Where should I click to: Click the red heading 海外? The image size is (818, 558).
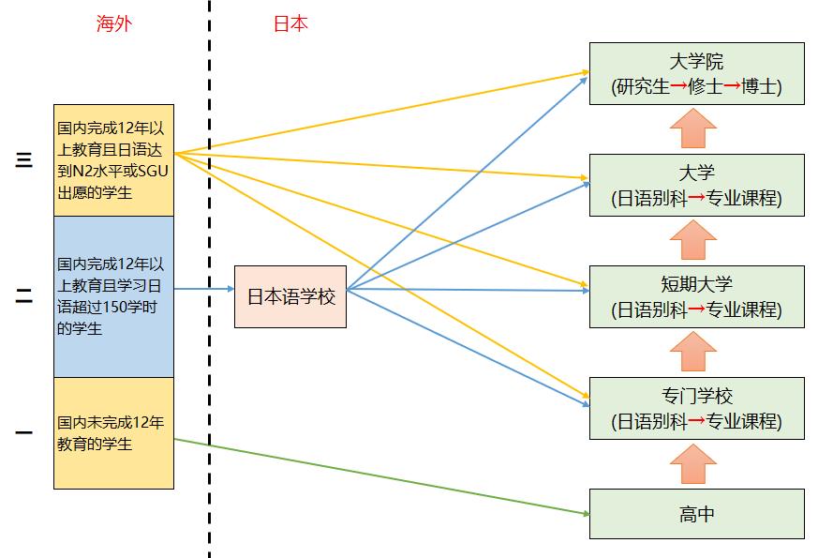point(114,24)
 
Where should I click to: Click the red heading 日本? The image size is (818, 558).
point(290,24)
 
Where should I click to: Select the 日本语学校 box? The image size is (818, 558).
point(290,296)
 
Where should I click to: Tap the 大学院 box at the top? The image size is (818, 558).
point(696,74)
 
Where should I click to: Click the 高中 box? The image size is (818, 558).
point(696,514)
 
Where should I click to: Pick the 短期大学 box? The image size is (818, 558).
point(696,296)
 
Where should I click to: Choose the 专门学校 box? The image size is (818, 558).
point(696,408)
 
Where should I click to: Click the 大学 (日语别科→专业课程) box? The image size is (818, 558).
point(696,186)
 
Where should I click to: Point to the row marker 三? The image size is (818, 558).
point(23,160)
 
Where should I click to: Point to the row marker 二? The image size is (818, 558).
point(23,296)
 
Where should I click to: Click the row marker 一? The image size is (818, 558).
point(23,433)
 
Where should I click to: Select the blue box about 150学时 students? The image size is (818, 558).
point(113,296)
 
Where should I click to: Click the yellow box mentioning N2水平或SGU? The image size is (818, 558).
point(113,160)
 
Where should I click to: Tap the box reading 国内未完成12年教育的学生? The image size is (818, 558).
point(113,433)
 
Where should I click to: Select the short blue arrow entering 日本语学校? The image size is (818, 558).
point(203,290)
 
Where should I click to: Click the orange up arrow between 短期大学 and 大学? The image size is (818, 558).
point(693,240)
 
